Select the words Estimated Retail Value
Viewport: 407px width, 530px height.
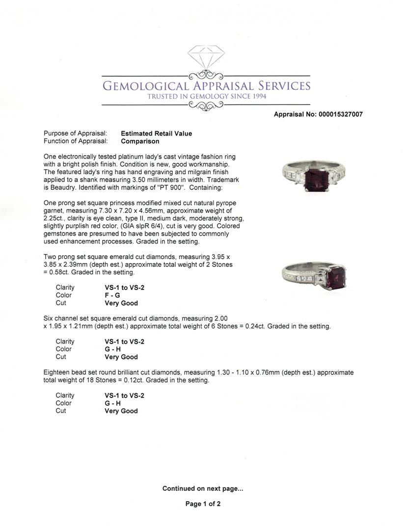pos(157,133)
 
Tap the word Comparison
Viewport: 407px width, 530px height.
pos(140,141)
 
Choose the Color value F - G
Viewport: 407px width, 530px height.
pos(112,295)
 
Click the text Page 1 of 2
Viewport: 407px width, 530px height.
pos(203,503)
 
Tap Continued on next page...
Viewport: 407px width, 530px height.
pos(203,488)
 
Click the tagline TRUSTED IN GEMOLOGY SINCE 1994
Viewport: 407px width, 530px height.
pos(207,97)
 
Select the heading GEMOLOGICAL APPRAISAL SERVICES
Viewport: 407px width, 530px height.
pos(206,86)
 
